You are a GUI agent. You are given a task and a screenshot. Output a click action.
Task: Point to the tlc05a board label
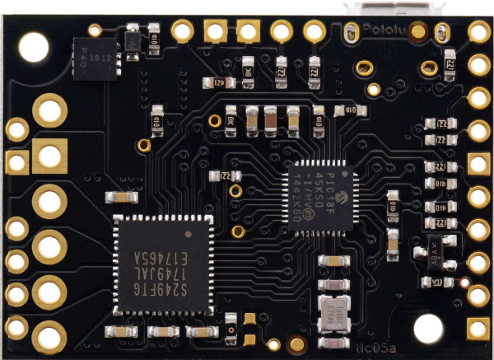coord(381,350)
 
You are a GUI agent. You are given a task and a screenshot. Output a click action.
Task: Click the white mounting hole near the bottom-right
coord(428,329)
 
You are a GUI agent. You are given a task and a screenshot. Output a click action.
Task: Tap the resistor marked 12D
coord(217,82)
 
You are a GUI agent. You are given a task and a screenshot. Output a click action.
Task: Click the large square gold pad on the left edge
coord(49,155)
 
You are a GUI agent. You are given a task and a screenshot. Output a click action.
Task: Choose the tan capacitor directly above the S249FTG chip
coord(121,198)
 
